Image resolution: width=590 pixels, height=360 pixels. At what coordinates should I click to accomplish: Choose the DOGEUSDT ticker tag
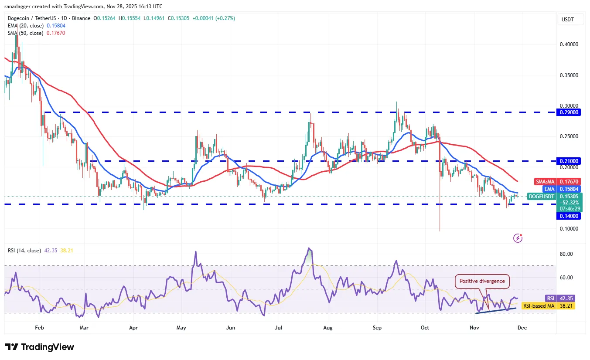[541, 197]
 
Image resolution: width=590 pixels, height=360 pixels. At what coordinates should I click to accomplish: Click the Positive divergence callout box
[482, 281]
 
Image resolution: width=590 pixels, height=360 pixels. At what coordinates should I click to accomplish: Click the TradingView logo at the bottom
[40, 347]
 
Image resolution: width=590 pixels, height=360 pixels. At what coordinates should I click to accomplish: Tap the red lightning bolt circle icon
[518, 238]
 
